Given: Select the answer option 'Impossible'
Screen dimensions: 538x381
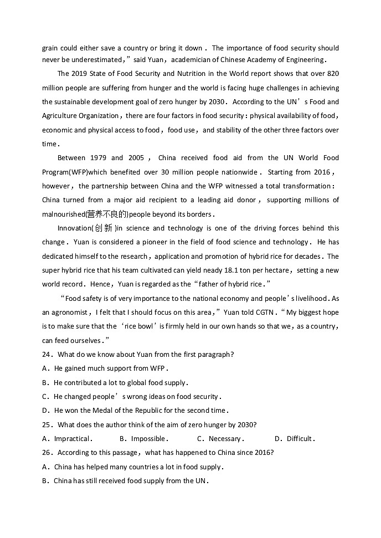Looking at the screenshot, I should tap(148, 439).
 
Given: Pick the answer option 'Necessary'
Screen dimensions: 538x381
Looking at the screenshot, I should tap(224, 439).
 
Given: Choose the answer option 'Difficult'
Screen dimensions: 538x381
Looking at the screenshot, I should tap(300, 439).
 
